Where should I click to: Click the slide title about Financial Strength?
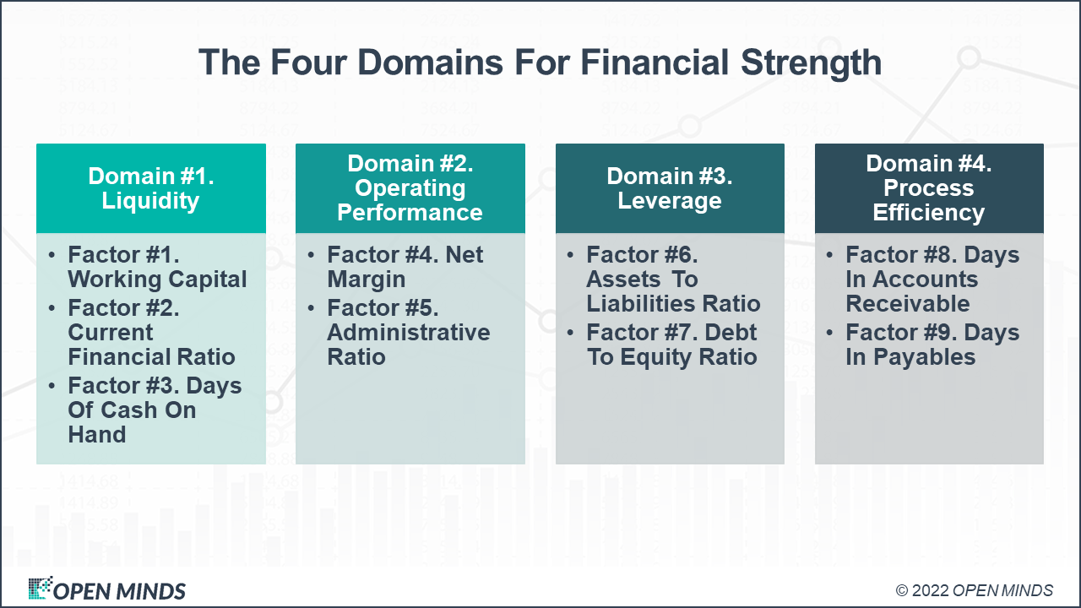click(540, 63)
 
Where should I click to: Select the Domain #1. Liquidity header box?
click(150, 188)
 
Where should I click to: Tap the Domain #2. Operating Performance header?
click(410, 188)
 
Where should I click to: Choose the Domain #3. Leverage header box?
click(669, 188)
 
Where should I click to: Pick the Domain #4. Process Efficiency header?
click(928, 188)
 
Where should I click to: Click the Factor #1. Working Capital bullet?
click(157, 267)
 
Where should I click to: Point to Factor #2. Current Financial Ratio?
click(151, 333)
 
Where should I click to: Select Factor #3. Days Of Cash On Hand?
click(155, 410)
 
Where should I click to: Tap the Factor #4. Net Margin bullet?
click(405, 267)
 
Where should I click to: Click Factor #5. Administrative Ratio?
click(408, 333)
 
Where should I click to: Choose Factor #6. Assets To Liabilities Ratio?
click(673, 280)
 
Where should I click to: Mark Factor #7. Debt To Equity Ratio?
click(671, 345)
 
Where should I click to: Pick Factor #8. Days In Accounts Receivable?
click(932, 280)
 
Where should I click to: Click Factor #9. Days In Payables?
click(932, 345)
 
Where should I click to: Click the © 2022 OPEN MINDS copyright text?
click(974, 590)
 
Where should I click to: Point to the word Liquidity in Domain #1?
click(150, 201)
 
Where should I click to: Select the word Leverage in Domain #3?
click(669, 201)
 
